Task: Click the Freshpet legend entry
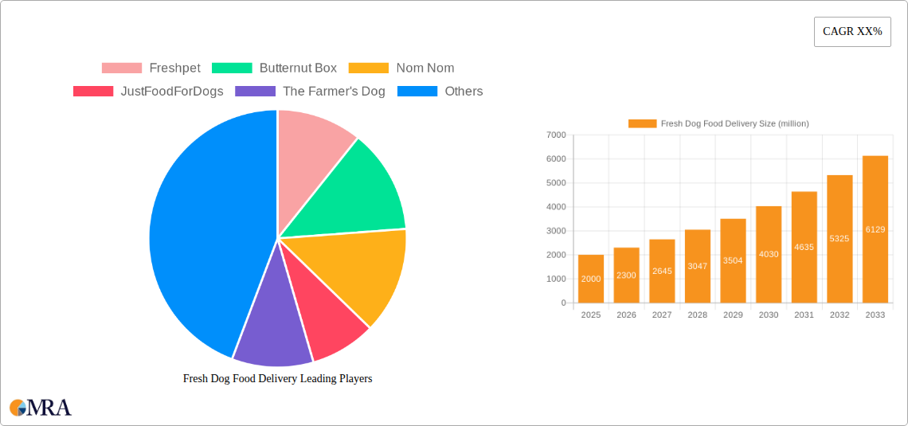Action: (x=151, y=68)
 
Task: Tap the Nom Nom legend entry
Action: (x=401, y=68)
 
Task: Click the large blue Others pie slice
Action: (x=199, y=231)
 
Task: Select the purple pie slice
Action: (x=271, y=334)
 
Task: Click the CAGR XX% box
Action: (x=852, y=32)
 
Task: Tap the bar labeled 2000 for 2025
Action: (x=591, y=279)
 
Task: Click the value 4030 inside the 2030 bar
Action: (x=769, y=255)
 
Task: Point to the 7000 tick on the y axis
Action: (x=556, y=135)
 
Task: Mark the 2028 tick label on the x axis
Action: (x=697, y=315)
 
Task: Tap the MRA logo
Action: (x=41, y=408)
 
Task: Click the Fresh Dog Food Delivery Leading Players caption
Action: (x=277, y=379)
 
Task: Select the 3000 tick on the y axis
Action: (x=556, y=231)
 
